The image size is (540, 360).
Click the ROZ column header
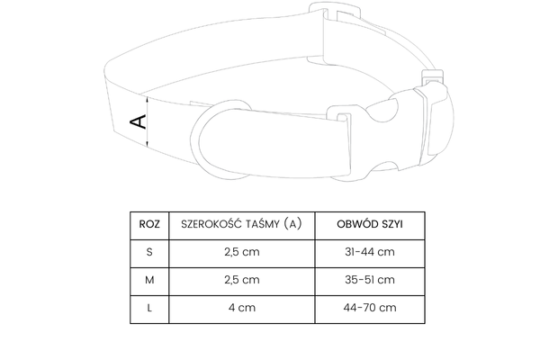pos(149,224)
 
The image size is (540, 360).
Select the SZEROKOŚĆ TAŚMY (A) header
pos(241,224)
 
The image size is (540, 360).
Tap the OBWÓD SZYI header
pos(370,224)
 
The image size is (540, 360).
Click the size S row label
pos(149,252)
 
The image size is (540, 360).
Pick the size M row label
pos(149,280)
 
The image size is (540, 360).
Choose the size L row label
pos(149,308)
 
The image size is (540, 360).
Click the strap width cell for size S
pos(242,252)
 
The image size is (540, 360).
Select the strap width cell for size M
pos(242,280)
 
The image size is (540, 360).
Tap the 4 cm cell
pos(242,308)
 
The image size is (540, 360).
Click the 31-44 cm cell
pos(370,252)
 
